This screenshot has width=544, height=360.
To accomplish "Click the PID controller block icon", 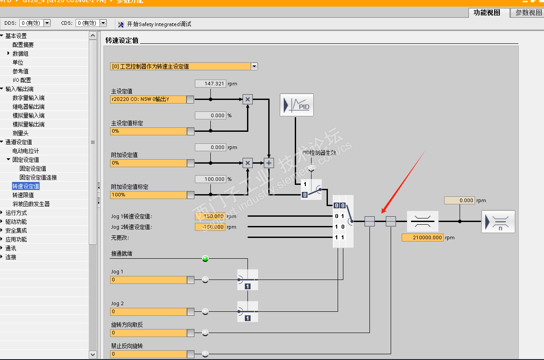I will click(x=297, y=105).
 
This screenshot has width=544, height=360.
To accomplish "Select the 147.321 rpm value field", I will click(x=210, y=84).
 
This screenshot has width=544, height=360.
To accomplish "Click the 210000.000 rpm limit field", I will click(x=422, y=237).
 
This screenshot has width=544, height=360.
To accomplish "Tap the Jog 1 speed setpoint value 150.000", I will click(x=210, y=216).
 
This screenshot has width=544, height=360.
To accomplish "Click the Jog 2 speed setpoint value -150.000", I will click(x=210, y=227).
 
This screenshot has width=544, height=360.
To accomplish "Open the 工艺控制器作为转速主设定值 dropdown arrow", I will click(x=254, y=66).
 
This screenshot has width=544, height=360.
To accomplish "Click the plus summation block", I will click(x=269, y=163).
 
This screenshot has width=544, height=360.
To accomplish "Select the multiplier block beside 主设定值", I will click(x=247, y=100).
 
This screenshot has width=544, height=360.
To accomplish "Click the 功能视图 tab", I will click(x=487, y=13).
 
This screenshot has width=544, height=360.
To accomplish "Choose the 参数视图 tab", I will click(x=528, y=13).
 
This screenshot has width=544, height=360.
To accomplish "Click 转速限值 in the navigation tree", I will click(x=23, y=195).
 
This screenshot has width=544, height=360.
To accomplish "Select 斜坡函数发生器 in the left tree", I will click(x=31, y=204).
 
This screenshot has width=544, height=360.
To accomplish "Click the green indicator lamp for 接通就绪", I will click(x=205, y=259).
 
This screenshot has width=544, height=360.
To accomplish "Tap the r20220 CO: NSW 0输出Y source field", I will click(x=148, y=100).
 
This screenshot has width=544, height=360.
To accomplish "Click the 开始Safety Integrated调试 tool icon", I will click(x=121, y=24).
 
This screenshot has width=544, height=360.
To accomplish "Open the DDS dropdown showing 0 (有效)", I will click(x=47, y=23).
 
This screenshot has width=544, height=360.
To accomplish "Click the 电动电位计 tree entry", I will click(x=26, y=151).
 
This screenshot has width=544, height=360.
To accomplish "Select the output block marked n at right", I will click(x=498, y=221).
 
